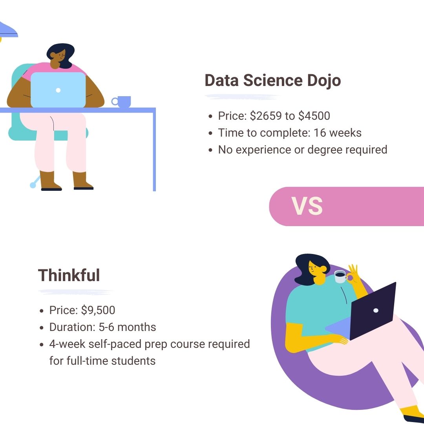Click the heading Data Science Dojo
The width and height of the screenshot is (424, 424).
[x=272, y=80]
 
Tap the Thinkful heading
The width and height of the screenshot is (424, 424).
[x=69, y=275]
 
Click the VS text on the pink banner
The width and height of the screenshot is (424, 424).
[x=307, y=207]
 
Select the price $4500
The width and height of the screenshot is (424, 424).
[x=314, y=116]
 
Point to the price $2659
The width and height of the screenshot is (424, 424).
[x=266, y=116]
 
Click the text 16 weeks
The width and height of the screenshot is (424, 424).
[x=338, y=133]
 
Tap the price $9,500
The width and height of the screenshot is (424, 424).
[x=98, y=310]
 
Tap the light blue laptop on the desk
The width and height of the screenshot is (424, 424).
[x=58, y=90]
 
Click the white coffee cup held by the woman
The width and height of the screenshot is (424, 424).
[x=340, y=276]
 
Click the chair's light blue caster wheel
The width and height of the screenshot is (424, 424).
[x=33, y=185]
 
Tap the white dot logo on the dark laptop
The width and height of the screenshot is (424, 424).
[x=376, y=311]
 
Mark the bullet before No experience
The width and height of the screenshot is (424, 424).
[x=211, y=150]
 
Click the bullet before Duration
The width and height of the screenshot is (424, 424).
[x=41, y=328]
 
